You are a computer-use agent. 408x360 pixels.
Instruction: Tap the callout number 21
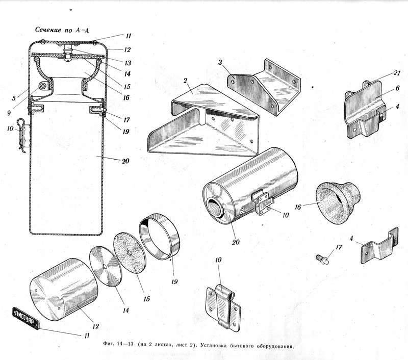tap(396, 73)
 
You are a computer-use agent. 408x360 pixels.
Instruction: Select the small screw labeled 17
tap(322, 260)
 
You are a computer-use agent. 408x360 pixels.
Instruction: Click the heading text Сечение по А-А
tap(62, 30)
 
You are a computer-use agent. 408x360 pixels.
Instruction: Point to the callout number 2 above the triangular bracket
tap(185, 81)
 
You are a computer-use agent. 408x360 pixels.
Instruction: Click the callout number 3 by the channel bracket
tap(220, 62)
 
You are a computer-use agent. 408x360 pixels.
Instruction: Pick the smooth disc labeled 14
tap(106, 266)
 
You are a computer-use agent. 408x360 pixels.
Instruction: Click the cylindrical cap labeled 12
tap(64, 289)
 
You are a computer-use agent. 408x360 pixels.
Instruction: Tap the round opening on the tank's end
tap(215, 205)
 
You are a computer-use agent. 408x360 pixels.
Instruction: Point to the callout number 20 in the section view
tap(125, 161)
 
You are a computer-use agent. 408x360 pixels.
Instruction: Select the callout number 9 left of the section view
tap(9, 113)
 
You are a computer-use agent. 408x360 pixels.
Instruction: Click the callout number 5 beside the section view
tap(14, 98)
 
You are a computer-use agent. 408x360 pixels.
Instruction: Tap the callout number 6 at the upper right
tap(397, 88)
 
